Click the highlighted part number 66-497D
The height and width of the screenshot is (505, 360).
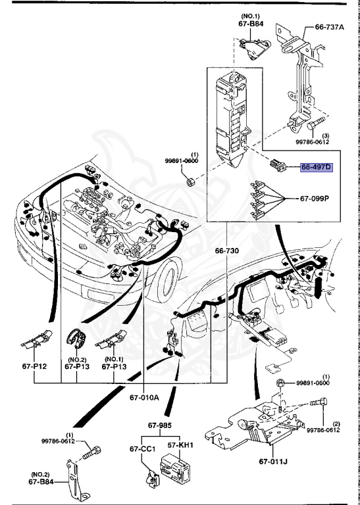317,167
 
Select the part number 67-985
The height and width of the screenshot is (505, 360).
159,426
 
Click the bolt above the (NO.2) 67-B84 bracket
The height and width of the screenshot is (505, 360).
94,452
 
